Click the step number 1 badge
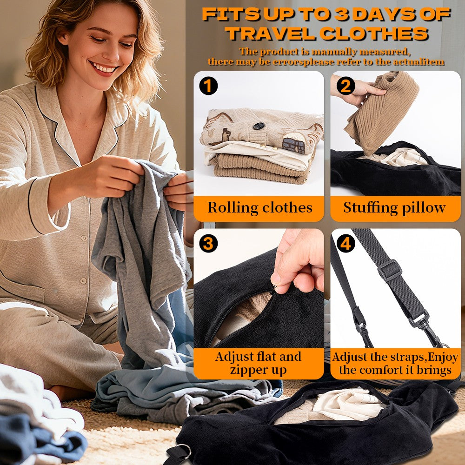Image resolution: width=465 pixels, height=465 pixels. [x=208, y=86]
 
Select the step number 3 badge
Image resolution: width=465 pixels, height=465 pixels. [x=208, y=244]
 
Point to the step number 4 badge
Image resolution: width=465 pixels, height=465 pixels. [x=345, y=244]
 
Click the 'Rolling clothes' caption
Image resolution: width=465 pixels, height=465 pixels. [x=260, y=207]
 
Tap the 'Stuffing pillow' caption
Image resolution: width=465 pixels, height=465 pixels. [x=395, y=207]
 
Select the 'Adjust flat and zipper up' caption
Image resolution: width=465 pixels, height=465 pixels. [x=258, y=363]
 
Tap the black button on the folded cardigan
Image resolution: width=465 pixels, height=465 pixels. [x=259, y=126]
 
